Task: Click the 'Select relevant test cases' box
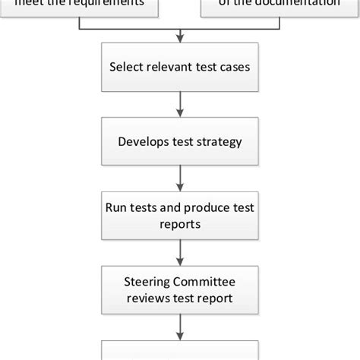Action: point(179,68)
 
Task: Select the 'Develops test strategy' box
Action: point(179,141)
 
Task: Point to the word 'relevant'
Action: point(169,68)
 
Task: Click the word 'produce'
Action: point(202,207)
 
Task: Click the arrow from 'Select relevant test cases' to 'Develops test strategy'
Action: point(179,104)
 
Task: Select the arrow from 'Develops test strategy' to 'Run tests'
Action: point(179,178)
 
